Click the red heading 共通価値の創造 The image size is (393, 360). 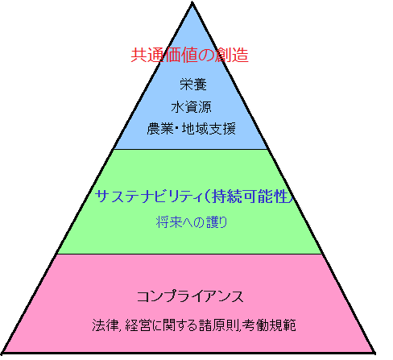(189, 55)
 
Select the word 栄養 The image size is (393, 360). (193, 85)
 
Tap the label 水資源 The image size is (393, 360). (191, 107)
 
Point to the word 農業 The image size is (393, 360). (160, 129)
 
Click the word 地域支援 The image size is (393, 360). (209, 129)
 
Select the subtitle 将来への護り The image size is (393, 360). (192, 222)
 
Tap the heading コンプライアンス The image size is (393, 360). (190, 296)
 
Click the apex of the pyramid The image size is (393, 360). (192, 2)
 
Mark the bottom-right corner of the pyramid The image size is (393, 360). (374, 353)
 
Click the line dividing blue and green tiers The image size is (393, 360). (191, 149)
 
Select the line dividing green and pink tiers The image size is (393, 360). (190, 254)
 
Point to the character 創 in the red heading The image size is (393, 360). (224, 55)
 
